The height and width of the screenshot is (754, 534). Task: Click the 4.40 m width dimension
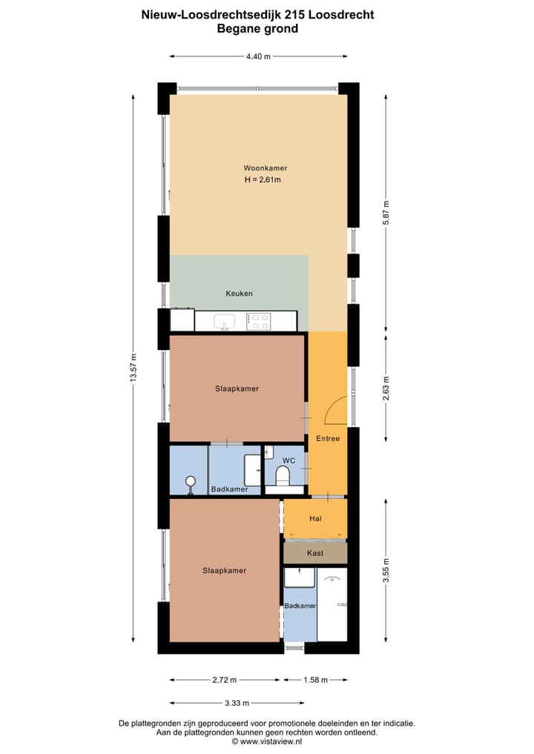pos(258,56)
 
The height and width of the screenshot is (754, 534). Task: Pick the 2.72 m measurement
pos(224,680)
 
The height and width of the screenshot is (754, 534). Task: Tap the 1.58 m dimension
pos(315,680)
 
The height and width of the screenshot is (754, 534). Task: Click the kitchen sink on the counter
pos(225,321)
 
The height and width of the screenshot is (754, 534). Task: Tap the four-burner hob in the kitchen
pos(258,321)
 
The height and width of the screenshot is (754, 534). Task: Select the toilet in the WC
pos(281,474)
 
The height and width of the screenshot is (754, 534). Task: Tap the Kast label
pos(315,553)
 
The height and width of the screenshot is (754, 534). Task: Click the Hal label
pos(315,519)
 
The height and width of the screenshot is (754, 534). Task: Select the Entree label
pos(327,438)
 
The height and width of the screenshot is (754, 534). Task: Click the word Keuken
pos(239,294)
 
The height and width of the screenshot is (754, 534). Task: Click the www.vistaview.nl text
pos(271,741)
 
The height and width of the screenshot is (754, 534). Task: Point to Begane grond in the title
pos(257,29)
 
